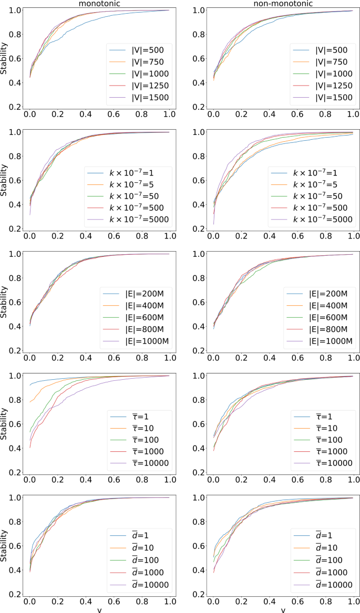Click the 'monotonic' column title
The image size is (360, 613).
pyautogui.click(x=99, y=3)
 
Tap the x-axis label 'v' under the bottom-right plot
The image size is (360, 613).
pyautogui.click(x=282, y=610)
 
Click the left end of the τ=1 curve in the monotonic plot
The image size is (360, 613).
pyautogui.click(x=30, y=385)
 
